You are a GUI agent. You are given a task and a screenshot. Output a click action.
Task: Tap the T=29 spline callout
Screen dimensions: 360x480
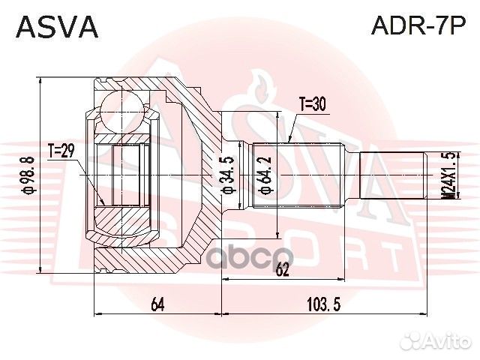[61, 152]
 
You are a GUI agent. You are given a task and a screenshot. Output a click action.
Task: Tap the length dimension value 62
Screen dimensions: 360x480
[281, 270]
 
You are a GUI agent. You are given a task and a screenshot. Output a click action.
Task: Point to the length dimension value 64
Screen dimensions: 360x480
[157, 303]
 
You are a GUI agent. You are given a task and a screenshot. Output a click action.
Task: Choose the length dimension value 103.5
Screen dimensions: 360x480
[325, 303]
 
